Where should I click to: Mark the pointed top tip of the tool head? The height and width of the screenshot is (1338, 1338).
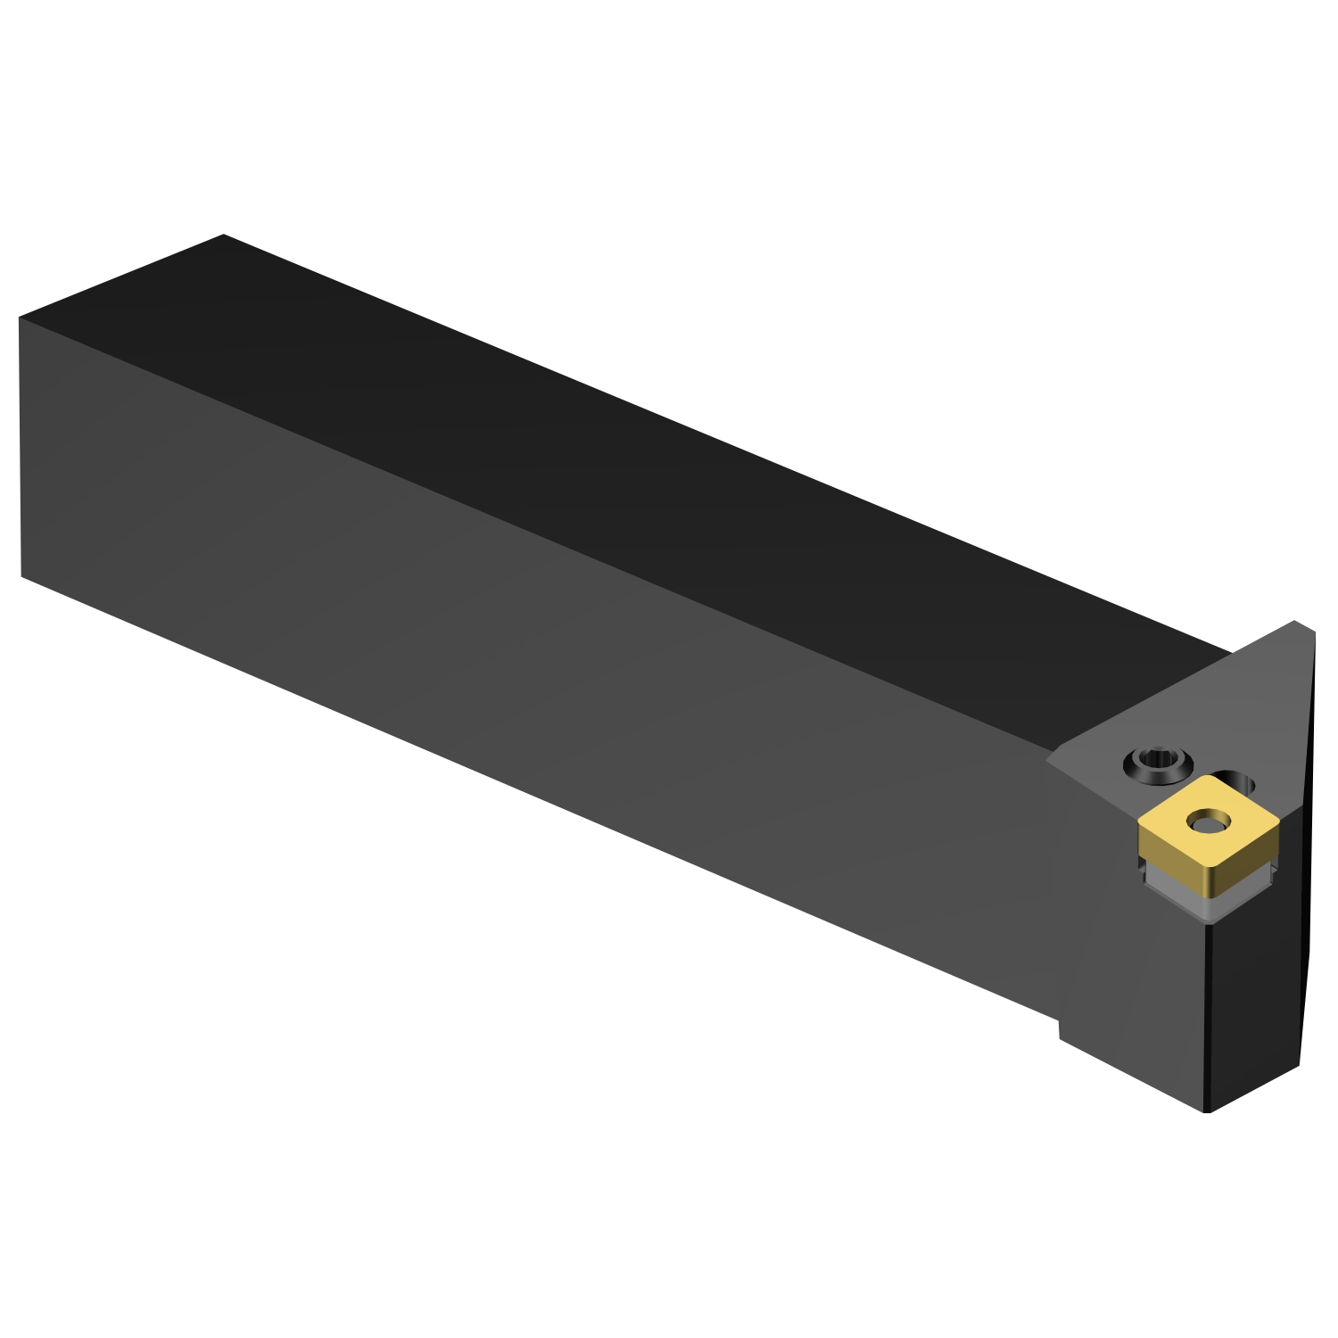point(1296,622)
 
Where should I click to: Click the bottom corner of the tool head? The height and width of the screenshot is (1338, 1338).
point(1207,1111)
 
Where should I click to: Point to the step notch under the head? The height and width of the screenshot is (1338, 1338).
point(1060,1026)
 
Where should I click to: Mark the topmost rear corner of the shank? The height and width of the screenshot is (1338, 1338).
point(223,235)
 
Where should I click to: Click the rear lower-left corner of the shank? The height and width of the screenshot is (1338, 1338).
point(21,576)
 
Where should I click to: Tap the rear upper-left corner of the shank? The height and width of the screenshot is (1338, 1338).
point(20,318)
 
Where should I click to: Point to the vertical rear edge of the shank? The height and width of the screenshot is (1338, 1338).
point(21,446)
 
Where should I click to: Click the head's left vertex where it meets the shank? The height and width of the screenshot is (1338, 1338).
point(1047,757)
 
